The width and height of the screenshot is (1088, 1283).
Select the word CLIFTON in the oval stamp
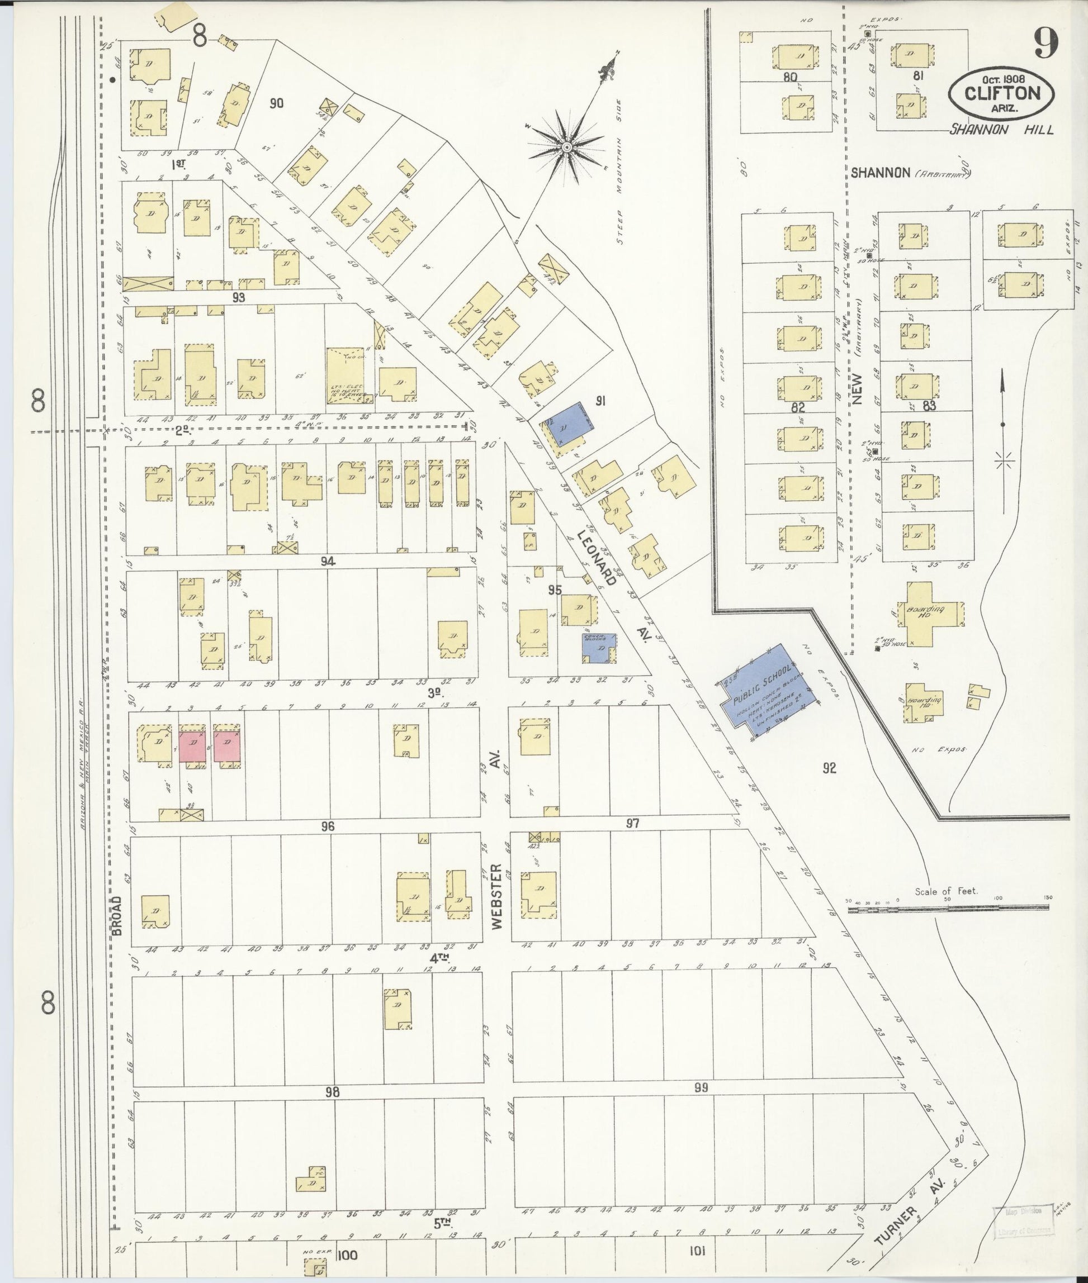[x=1002, y=94]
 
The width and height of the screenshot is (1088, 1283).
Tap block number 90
[x=276, y=103]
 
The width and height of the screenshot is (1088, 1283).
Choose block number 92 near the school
[x=829, y=768]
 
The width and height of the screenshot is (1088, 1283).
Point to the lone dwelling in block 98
[x=312, y=1179]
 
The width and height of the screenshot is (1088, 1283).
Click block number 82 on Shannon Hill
[x=798, y=408]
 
